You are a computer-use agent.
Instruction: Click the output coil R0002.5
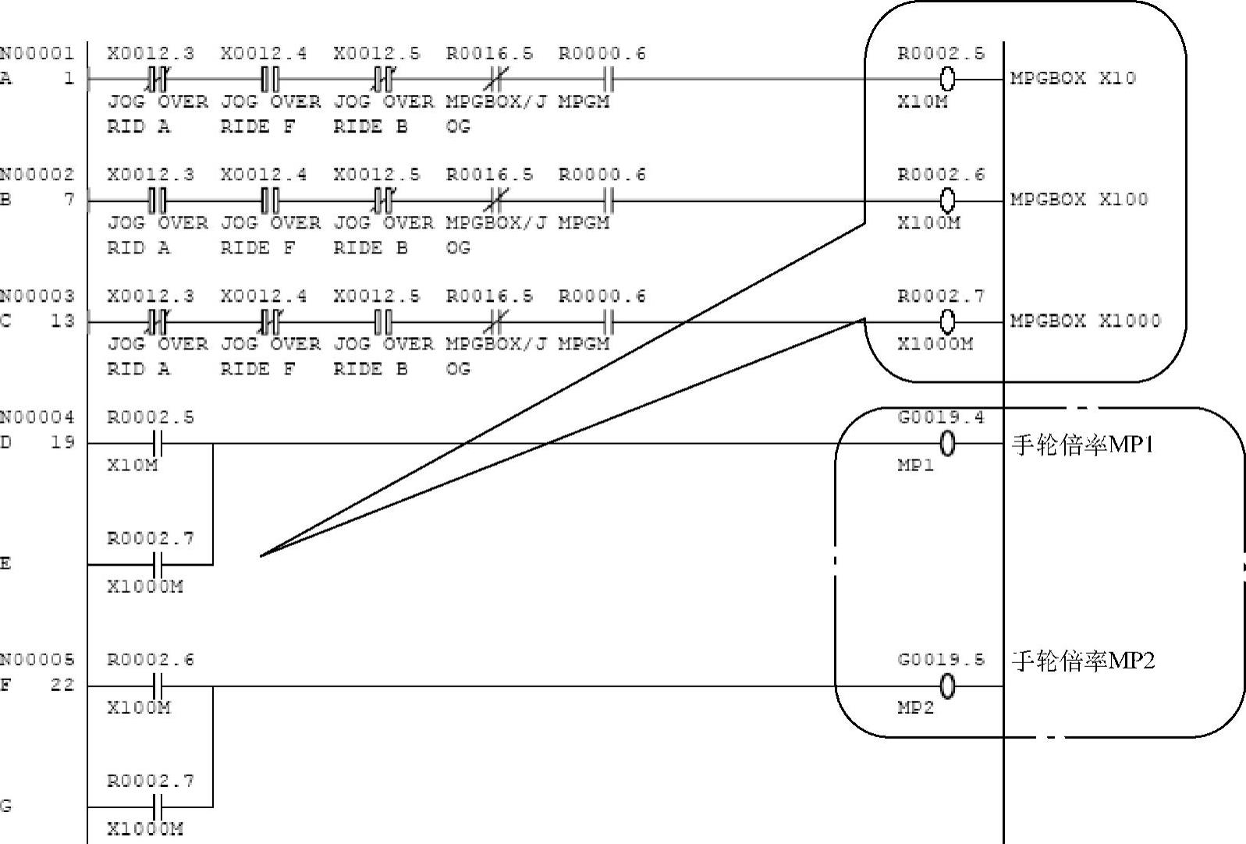(x=947, y=79)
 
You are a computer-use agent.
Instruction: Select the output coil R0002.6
(x=947, y=200)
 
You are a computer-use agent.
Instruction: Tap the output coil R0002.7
(x=947, y=321)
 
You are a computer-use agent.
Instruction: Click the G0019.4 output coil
(x=947, y=444)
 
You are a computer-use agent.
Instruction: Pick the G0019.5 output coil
(x=947, y=686)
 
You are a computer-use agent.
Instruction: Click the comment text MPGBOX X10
(x=1072, y=78)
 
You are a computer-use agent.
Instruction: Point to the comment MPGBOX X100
(x=1078, y=200)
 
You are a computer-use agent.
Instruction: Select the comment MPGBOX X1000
(x=1084, y=321)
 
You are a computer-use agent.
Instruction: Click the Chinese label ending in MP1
(x=1082, y=445)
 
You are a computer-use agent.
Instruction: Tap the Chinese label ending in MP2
(x=1082, y=661)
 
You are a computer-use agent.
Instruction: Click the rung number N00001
(x=37, y=54)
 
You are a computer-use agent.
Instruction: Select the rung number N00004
(x=37, y=417)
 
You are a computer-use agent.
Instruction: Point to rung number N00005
(x=37, y=660)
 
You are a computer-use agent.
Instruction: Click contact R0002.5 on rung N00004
(x=157, y=444)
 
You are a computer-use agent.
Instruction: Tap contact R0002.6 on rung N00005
(x=157, y=686)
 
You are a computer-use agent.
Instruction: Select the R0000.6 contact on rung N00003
(x=609, y=321)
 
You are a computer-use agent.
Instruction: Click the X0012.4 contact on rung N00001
(x=270, y=79)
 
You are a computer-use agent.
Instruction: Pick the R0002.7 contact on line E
(x=157, y=564)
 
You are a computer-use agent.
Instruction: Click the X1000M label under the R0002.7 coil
(x=935, y=344)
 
